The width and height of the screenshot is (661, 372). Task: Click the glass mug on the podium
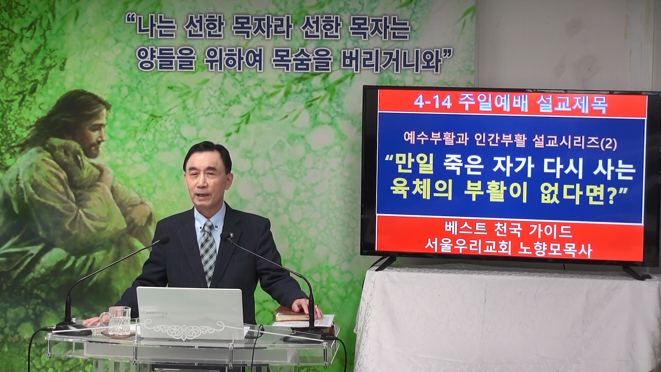click(119, 320)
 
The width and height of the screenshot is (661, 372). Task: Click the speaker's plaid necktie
click(208, 251)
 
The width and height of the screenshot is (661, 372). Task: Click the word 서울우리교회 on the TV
click(470, 250)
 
